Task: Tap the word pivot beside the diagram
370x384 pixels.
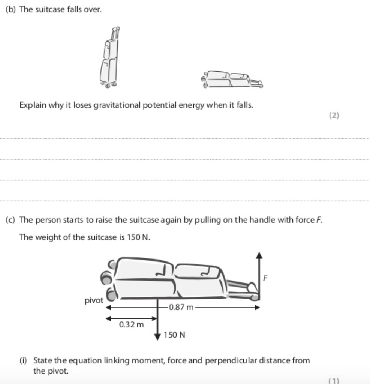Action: tap(94, 301)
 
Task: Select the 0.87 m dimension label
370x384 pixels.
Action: tap(181, 308)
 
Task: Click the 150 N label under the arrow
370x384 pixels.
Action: tap(174, 334)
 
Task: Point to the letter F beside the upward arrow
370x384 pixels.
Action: tap(266, 278)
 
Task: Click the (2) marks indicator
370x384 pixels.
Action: tap(334, 116)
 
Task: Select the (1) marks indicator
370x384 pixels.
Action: tap(334, 380)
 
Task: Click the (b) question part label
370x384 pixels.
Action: tap(10, 10)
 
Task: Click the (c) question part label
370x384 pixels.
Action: tap(10, 220)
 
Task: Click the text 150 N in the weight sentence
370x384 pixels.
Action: tap(140, 237)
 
